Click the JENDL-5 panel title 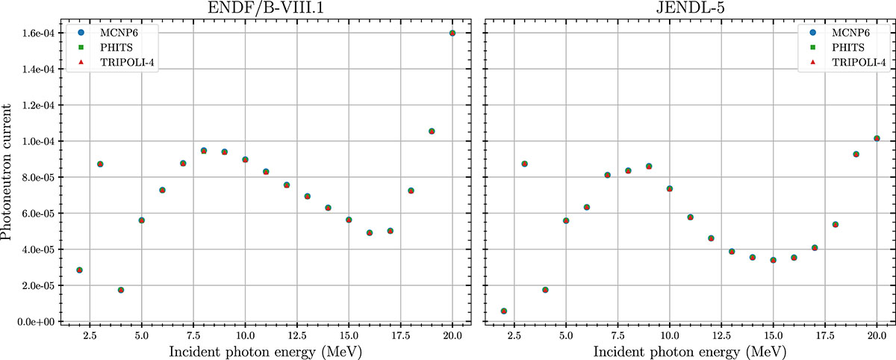coord(690,8)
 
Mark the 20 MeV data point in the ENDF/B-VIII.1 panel coord(452,33)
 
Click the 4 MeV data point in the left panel coord(121,290)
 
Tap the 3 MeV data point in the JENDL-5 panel coord(524,164)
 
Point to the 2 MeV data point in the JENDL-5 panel coord(504,311)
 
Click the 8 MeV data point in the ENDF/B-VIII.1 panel coord(204,151)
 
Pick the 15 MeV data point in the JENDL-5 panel coord(774,260)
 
